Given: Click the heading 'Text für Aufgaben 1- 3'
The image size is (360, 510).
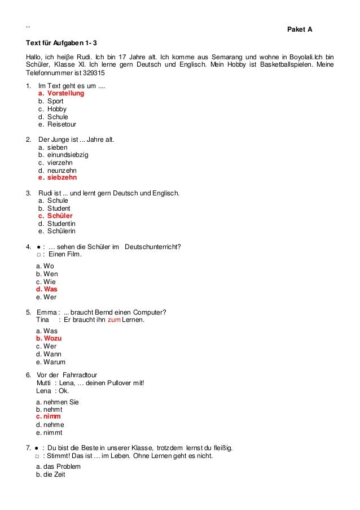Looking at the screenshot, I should [x=65, y=43].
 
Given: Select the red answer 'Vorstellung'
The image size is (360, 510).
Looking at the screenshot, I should [x=65, y=93].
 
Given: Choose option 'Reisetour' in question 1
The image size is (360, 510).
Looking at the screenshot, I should [x=62, y=125].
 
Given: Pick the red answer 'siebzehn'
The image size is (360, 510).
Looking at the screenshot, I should [x=62, y=177].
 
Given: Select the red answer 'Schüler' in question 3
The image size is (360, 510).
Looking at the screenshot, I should [x=59, y=215].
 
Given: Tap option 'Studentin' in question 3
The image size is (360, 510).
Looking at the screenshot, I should [x=62, y=223].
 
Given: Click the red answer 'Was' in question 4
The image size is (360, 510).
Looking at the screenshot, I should [x=50, y=289].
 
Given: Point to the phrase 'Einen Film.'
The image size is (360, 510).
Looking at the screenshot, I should [x=65, y=254].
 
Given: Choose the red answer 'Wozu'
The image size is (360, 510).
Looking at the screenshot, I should [x=52, y=338].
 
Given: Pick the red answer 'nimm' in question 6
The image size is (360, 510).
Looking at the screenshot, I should [x=51, y=417].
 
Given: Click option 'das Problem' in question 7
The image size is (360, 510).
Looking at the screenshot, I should [x=62, y=467].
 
